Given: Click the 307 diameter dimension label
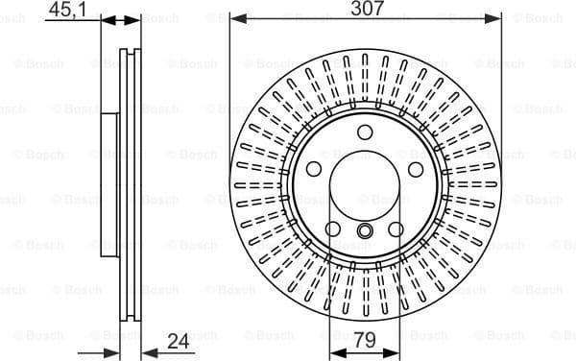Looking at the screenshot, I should [x=366, y=9].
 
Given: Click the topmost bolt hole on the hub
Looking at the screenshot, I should [x=365, y=133].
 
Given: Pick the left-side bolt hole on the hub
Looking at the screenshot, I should [x=313, y=169].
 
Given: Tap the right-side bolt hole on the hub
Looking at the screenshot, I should [x=417, y=169].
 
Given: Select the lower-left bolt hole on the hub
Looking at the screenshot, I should [x=332, y=229].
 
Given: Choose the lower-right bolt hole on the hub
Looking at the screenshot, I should [x=397, y=229].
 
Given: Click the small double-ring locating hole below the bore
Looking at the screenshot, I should [x=365, y=230].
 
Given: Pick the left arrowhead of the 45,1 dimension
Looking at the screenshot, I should [x=107, y=19].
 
